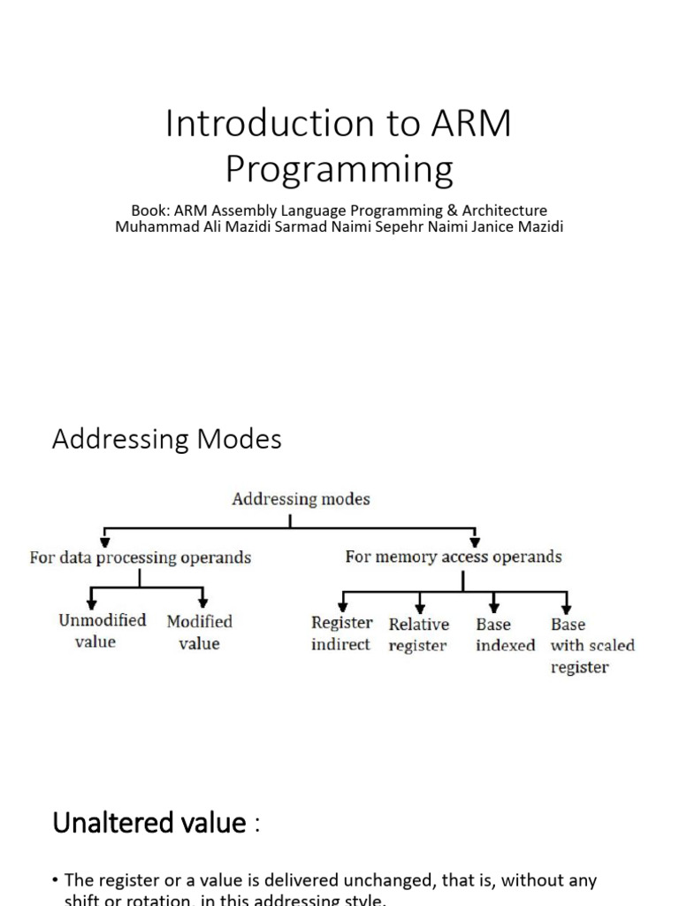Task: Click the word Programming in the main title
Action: pos(339,168)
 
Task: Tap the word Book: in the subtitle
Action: pos(150,211)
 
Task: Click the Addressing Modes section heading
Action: pos(166,440)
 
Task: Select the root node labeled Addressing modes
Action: pos(301,499)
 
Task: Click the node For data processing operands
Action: pos(141,558)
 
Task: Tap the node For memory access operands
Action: pos(453,557)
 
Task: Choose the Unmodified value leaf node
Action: pos(102,631)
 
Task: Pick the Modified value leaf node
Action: pos(200,632)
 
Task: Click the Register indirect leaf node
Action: pos(341,634)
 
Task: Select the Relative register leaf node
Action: pos(419,635)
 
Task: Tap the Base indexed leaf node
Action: pos(505,635)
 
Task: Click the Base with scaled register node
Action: pos(591,646)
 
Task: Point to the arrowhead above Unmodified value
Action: pos(93,602)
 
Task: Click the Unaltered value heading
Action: pos(149,823)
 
